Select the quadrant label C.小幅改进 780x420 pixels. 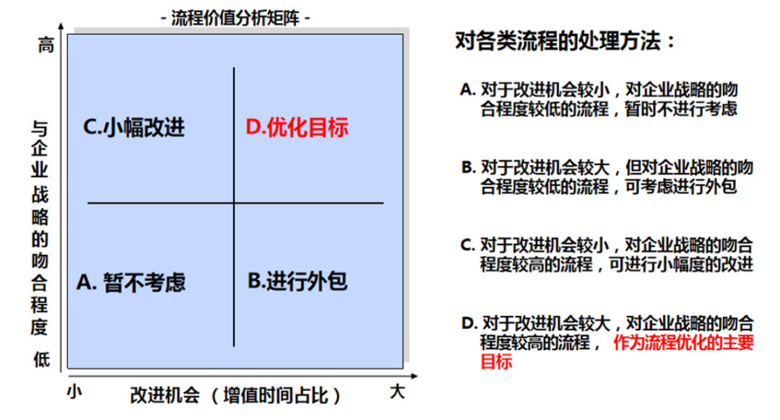pos(134,128)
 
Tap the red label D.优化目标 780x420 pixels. pos(297,128)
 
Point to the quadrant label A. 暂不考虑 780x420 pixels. pos(131,281)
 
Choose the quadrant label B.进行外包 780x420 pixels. pos(298,280)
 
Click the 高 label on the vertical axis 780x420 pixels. pos(45,45)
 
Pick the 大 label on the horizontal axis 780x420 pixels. pos(397,392)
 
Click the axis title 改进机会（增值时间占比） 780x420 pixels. pos(235,395)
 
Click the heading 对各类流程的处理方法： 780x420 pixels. pos(565,41)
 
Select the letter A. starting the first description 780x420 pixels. pos(467,90)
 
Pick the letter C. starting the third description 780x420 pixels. pos(468,245)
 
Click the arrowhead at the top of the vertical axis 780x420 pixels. pos(65,27)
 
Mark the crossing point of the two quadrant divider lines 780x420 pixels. pos(234,204)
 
